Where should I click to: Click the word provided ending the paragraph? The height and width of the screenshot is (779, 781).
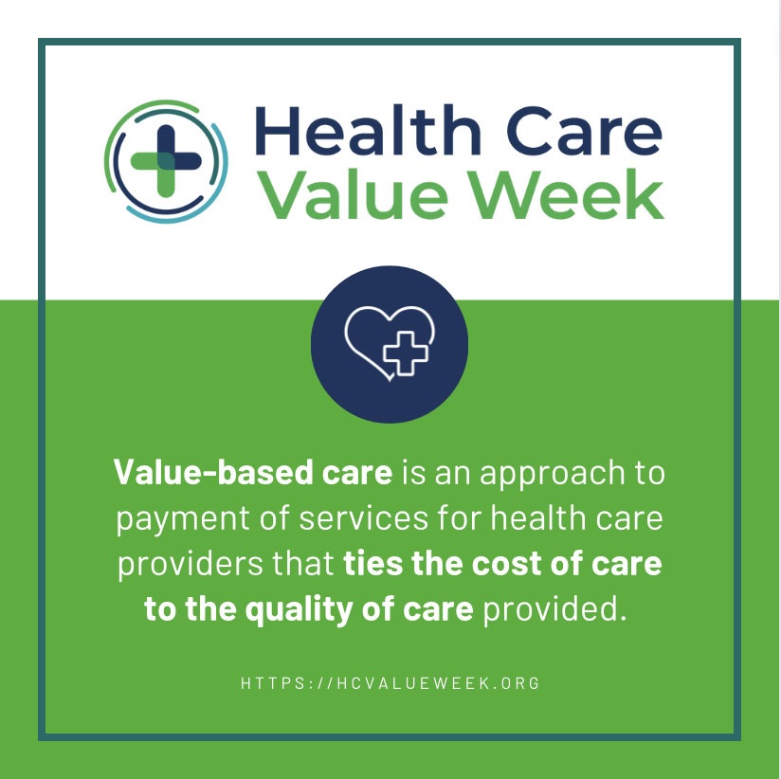(555, 609)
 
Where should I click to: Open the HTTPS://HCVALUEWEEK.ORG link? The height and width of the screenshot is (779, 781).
(390, 682)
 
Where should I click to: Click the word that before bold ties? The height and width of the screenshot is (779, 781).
(300, 564)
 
